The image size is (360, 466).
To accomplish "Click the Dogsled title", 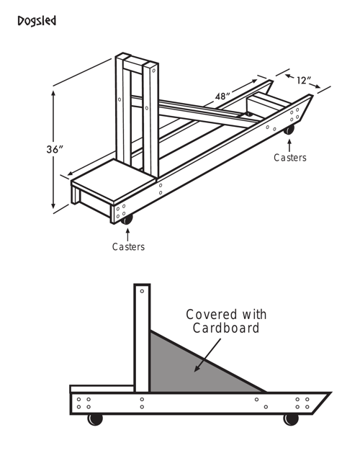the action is point(37,21).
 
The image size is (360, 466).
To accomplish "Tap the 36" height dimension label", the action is point(55,149).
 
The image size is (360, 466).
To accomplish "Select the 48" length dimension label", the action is point(222,97).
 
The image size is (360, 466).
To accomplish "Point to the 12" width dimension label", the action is point(304,80).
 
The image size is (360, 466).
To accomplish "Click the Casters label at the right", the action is point(290,158).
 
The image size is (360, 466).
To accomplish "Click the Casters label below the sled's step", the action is point(128,246).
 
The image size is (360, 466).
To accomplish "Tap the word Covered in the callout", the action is point(212,315).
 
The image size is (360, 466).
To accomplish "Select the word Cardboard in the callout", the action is point(226,328).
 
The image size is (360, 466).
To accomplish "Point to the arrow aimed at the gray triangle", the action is point(207,355).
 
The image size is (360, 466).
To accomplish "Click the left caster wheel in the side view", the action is point(95,419).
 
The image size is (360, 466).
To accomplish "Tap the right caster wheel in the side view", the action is point(291,419).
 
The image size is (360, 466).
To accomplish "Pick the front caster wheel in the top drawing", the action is point(127,219).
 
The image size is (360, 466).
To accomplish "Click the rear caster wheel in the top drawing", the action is point(289,130).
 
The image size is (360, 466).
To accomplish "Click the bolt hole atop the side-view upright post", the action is point(142,291).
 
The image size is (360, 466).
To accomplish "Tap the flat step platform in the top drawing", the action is point(114,181).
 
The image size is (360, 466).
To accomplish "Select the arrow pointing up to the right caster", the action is point(289,145).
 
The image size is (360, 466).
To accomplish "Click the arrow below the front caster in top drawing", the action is point(128,235).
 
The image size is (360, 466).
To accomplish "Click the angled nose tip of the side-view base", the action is point(330,393).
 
